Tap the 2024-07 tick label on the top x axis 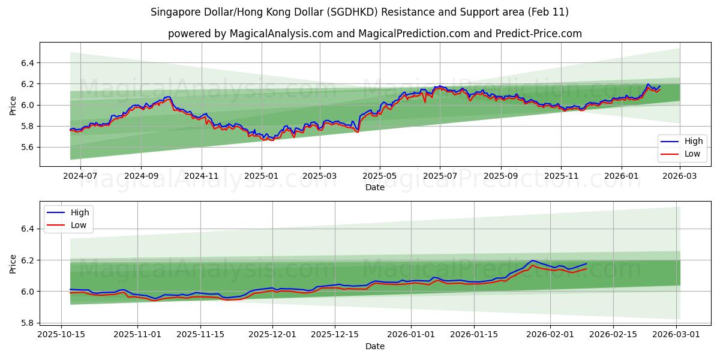[x=80, y=176]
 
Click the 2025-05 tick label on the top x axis [x=379, y=176]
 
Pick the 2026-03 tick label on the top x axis [x=679, y=176]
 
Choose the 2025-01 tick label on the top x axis [x=261, y=176]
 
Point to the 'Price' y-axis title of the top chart [x=13, y=105]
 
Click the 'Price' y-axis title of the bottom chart [x=13, y=263]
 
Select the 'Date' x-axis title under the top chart [x=374, y=188]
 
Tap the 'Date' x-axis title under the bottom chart [x=374, y=346]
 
